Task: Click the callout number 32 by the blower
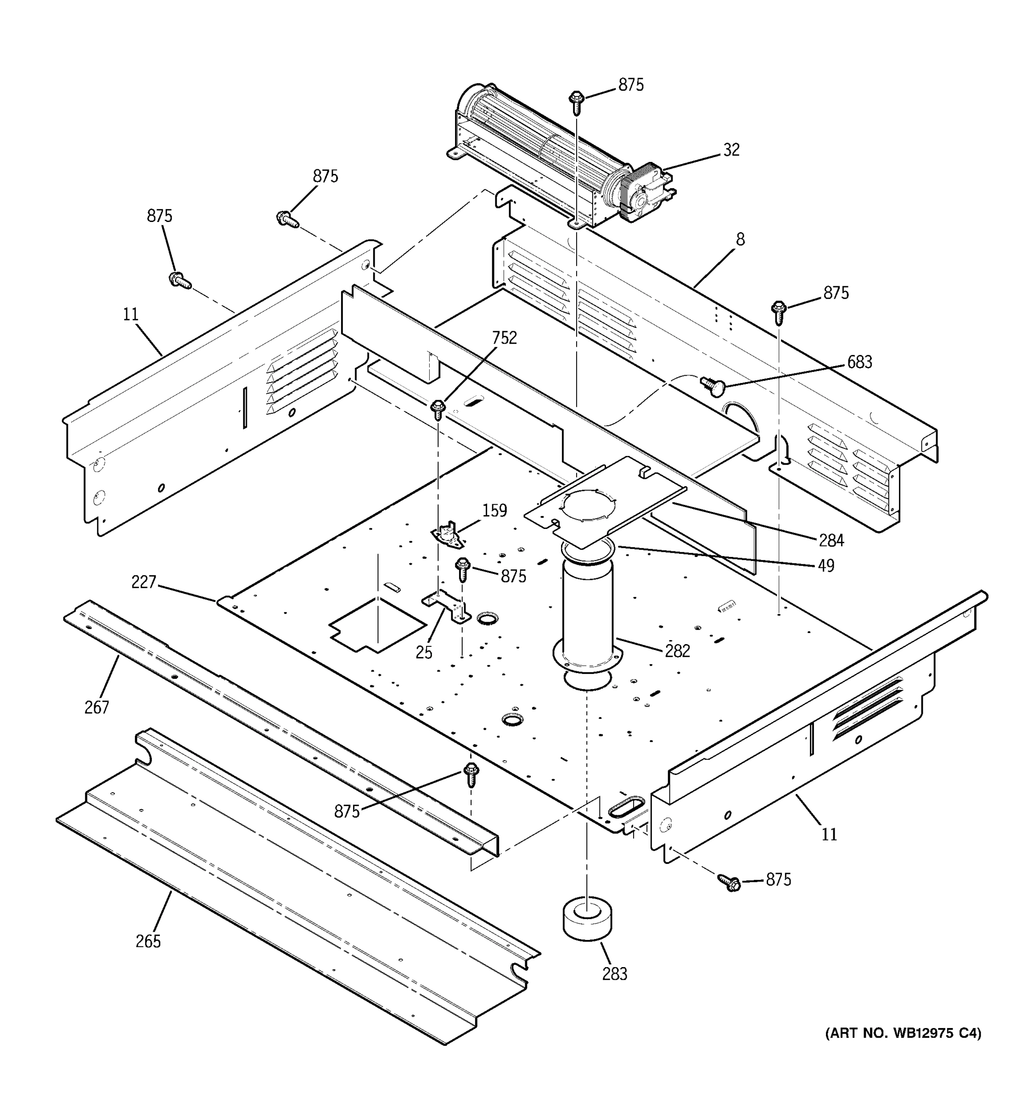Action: (731, 150)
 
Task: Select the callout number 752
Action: (504, 337)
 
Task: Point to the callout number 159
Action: (494, 510)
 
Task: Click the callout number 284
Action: (831, 540)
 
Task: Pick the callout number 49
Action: (826, 566)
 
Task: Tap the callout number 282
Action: (677, 651)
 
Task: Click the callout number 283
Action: (615, 973)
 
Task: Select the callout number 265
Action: (148, 941)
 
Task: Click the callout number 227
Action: (144, 582)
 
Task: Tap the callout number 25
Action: (424, 652)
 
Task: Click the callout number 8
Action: (741, 239)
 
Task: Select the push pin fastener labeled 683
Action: (711, 385)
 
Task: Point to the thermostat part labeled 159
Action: (448, 537)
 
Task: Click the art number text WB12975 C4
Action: (904, 1033)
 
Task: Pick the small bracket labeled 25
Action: (447, 606)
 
